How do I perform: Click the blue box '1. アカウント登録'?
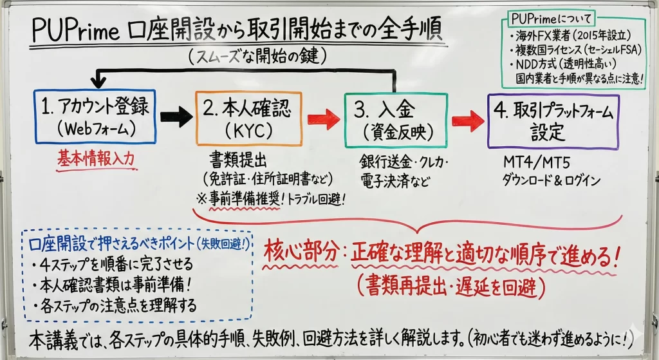(95, 117)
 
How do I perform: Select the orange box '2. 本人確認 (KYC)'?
(249, 118)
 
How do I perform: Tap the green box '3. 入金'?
(395, 120)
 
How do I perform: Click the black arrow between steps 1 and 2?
(175, 117)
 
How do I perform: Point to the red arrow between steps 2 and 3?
(323, 119)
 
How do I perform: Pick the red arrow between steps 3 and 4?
(467, 120)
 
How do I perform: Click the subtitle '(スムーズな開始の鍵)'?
(257, 57)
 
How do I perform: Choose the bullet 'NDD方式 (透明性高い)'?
(566, 64)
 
